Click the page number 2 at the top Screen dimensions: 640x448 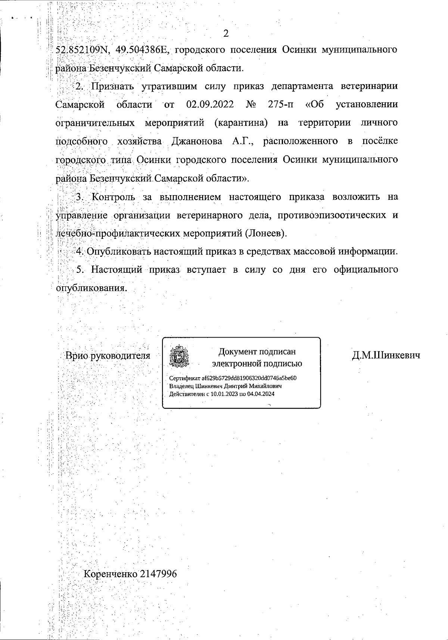point(225,34)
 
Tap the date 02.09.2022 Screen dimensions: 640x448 point(210,104)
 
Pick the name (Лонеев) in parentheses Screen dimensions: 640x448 point(266,233)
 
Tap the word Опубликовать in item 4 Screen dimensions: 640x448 point(115,251)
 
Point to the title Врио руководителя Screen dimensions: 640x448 point(108,356)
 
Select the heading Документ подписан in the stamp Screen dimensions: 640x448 point(257,351)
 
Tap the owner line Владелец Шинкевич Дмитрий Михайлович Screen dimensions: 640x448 point(225,386)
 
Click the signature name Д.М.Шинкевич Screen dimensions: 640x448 point(386,356)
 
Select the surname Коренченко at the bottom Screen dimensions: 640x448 point(110,574)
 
